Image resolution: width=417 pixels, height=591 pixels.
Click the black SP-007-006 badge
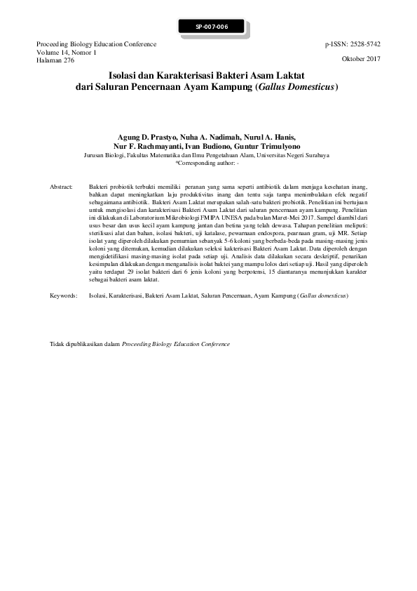pos(212,27)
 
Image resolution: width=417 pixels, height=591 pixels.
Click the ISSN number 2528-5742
pos(367,44)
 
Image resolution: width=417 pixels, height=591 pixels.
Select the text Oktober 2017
pos(361,59)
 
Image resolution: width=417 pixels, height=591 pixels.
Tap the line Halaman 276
pos(55,60)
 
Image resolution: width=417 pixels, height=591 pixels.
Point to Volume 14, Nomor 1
pos(66,52)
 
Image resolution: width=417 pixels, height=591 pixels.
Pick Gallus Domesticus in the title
pos(297,88)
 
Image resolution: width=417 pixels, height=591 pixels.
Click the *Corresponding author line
pos(207,162)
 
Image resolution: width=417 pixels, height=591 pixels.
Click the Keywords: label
pos(63,296)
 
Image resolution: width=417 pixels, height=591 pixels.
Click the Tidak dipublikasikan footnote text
pos(86,345)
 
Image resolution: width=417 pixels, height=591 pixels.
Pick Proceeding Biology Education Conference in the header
pos(96,44)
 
